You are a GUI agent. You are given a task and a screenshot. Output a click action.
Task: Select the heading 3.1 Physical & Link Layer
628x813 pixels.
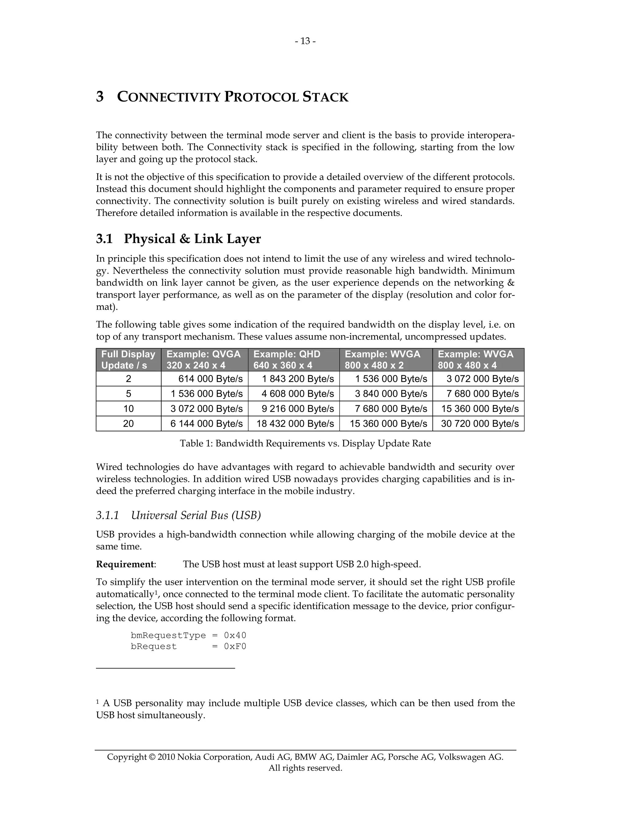click(178, 239)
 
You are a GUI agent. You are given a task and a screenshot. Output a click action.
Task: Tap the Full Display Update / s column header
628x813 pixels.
click(128, 360)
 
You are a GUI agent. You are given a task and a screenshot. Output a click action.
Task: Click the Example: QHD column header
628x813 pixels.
click(287, 360)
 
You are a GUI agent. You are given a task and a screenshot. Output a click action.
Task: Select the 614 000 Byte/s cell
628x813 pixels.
click(210, 379)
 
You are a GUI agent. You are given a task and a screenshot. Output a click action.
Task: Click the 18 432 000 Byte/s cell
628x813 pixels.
click(295, 424)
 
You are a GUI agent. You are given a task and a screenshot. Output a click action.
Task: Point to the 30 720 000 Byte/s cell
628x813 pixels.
click(480, 424)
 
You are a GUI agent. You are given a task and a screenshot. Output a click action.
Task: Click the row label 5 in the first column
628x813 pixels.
click(128, 394)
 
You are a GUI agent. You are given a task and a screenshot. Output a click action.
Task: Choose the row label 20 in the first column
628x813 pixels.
click(128, 424)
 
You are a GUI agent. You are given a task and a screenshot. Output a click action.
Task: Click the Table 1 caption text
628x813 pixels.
click(305, 443)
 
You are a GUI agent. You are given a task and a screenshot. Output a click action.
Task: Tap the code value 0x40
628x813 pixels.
click(235, 635)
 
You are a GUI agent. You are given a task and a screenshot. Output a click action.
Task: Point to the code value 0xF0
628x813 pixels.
click(235, 647)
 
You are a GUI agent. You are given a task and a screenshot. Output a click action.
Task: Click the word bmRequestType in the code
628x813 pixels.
click(168, 635)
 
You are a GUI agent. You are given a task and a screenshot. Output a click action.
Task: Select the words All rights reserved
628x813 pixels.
click(305, 768)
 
